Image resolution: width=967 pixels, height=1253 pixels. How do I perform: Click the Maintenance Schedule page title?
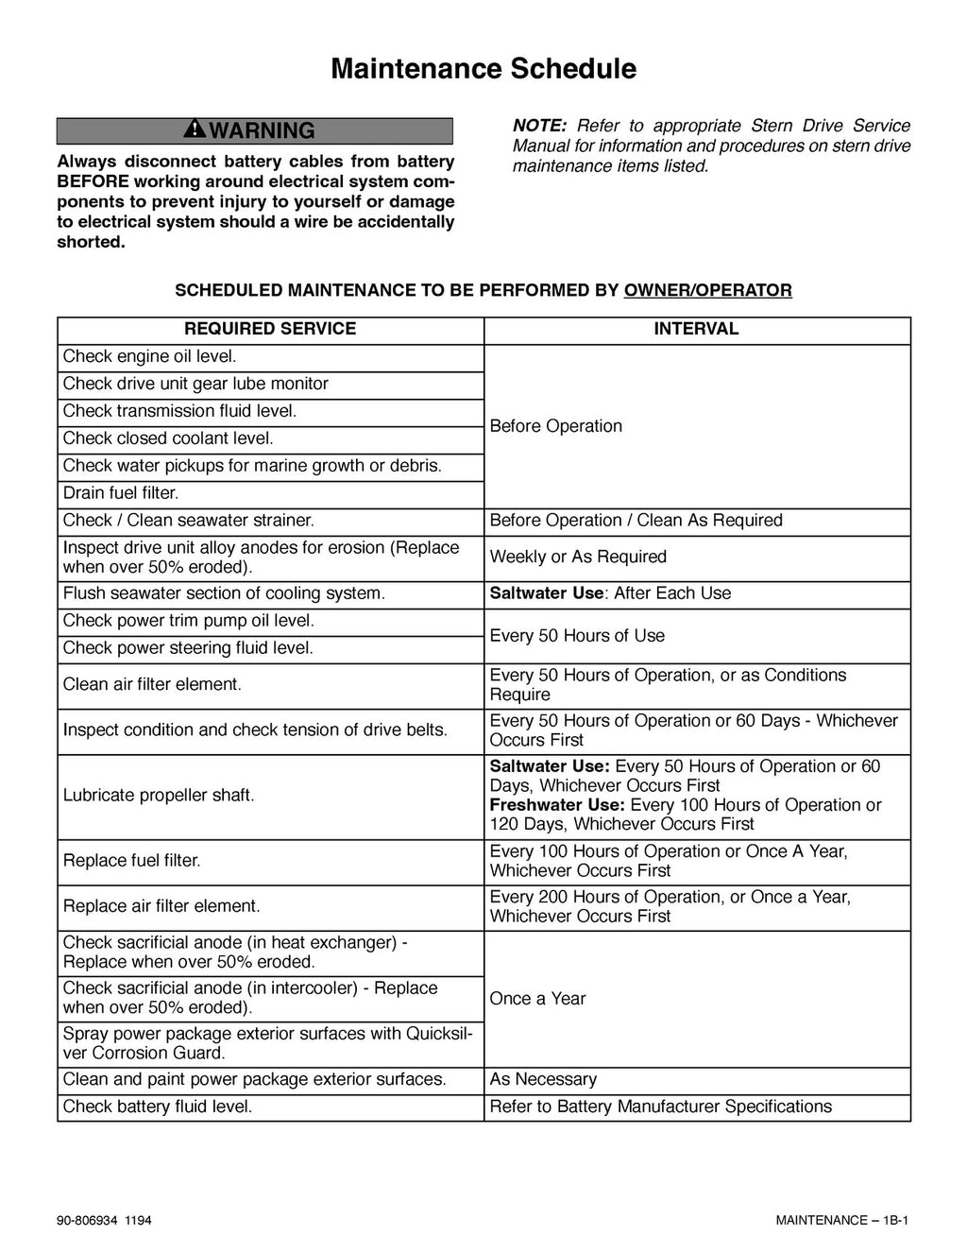pyautogui.click(x=483, y=69)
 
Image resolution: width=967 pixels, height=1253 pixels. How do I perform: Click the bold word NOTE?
pyautogui.click(x=539, y=126)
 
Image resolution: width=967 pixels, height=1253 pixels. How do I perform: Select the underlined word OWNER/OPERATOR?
pyautogui.click(x=707, y=290)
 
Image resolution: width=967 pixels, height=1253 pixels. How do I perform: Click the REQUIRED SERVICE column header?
pyautogui.click(x=270, y=329)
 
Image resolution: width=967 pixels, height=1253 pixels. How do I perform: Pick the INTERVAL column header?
pyautogui.click(x=696, y=329)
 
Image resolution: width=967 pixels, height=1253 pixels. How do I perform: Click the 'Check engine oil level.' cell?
pyautogui.click(x=149, y=356)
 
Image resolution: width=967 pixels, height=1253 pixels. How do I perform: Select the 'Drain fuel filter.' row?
pyautogui.click(x=121, y=493)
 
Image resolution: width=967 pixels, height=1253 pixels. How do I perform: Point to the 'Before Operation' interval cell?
pyautogui.click(x=556, y=426)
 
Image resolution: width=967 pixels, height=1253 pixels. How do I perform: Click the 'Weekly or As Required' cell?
pyautogui.click(x=578, y=557)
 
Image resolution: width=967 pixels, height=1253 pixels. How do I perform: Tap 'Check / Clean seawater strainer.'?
pyautogui.click(x=189, y=521)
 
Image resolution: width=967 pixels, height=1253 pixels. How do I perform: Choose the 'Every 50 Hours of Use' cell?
pyautogui.click(x=577, y=636)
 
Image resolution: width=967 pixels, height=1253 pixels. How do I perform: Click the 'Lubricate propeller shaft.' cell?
pyautogui.click(x=159, y=796)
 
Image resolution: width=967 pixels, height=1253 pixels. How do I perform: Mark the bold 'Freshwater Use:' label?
pyautogui.click(x=557, y=805)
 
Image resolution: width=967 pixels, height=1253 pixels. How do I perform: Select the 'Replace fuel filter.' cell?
pyautogui.click(x=132, y=861)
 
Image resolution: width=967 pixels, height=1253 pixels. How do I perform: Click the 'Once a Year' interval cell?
pyautogui.click(x=537, y=999)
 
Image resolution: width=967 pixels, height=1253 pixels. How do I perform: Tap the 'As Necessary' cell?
pyautogui.click(x=543, y=1079)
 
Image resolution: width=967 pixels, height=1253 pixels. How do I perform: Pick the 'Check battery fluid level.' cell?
pyautogui.click(x=158, y=1107)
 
